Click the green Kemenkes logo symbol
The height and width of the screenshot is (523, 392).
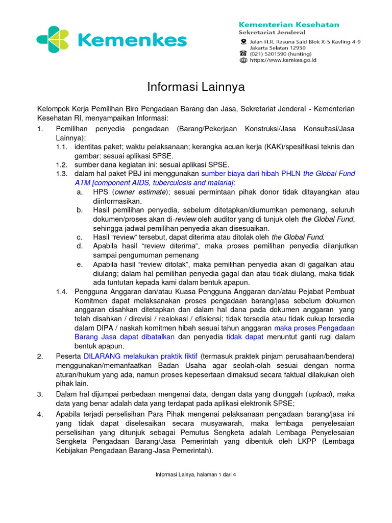click(52, 39)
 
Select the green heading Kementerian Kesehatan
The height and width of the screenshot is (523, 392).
click(289, 24)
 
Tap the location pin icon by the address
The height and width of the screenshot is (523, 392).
click(243, 41)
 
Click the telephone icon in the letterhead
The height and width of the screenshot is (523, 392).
click(243, 53)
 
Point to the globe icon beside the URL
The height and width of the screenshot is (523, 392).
click(243, 60)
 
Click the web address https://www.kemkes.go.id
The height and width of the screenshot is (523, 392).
click(283, 60)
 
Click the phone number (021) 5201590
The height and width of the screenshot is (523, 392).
click(268, 53)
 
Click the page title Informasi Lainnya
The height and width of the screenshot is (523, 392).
click(196, 87)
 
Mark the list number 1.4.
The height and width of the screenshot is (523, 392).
click(61, 291)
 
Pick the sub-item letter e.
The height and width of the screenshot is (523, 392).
click(79, 264)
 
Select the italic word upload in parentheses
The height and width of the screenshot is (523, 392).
click(320, 394)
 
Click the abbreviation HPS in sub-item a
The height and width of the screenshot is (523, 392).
click(100, 192)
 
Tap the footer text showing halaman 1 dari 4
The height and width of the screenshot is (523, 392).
click(196, 474)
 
